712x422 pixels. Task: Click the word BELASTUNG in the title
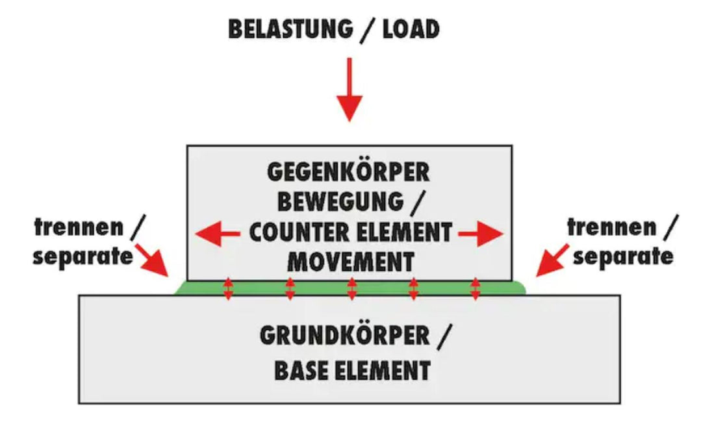290,29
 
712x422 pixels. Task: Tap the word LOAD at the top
411,29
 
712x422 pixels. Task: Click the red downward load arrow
350,90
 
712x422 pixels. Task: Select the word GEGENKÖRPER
348,172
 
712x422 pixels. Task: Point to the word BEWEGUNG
340,201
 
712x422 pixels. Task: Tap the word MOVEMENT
351,262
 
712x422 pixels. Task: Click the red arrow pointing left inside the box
218,234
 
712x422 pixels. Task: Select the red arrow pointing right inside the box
481,234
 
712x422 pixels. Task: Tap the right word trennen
612,227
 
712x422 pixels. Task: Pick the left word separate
83,257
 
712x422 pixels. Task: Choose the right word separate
623,257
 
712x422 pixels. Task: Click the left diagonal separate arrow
153,260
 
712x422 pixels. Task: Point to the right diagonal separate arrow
552,260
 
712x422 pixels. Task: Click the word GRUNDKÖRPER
345,336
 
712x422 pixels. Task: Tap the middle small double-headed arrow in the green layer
351,289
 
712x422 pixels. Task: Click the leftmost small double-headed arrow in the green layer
228,289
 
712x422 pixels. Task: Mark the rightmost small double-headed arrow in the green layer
475,289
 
